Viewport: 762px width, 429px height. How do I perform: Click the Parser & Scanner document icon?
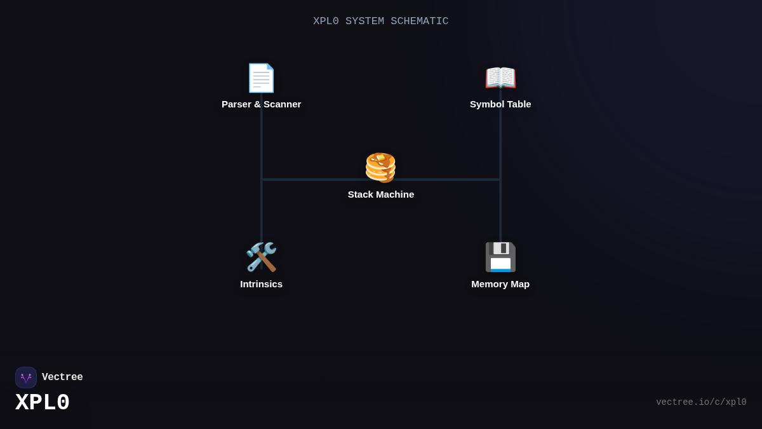[x=261, y=78]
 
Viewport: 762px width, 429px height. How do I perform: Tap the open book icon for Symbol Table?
[x=500, y=78]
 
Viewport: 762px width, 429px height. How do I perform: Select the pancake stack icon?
[x=380, y=168]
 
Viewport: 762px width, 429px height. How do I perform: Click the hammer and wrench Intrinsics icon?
[x=261, y=257]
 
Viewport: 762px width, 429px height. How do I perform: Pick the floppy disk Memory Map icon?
[x=500, y=257]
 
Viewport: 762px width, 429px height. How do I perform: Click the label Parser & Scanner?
[x=261, y=104]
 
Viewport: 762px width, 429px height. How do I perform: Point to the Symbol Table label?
[x=500, y=104]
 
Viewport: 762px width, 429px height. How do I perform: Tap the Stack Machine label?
[x=381, y=194]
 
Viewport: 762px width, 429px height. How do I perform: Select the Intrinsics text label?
[x=261, y=284]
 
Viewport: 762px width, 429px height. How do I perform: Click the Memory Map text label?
[x=500, y=284]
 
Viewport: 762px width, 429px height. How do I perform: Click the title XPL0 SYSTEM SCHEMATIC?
[x=380, y=22]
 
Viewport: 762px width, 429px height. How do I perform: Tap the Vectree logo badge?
[x=26, y=378]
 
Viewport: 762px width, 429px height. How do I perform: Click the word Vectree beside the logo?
[x=62, y=378]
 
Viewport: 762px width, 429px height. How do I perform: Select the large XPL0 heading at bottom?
[x=43, y=403]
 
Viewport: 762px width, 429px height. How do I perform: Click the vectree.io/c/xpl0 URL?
[x=701, y=402]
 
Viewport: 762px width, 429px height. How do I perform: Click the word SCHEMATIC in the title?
[x=419, y=22]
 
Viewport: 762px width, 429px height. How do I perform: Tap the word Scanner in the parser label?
[x=283, y=104]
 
